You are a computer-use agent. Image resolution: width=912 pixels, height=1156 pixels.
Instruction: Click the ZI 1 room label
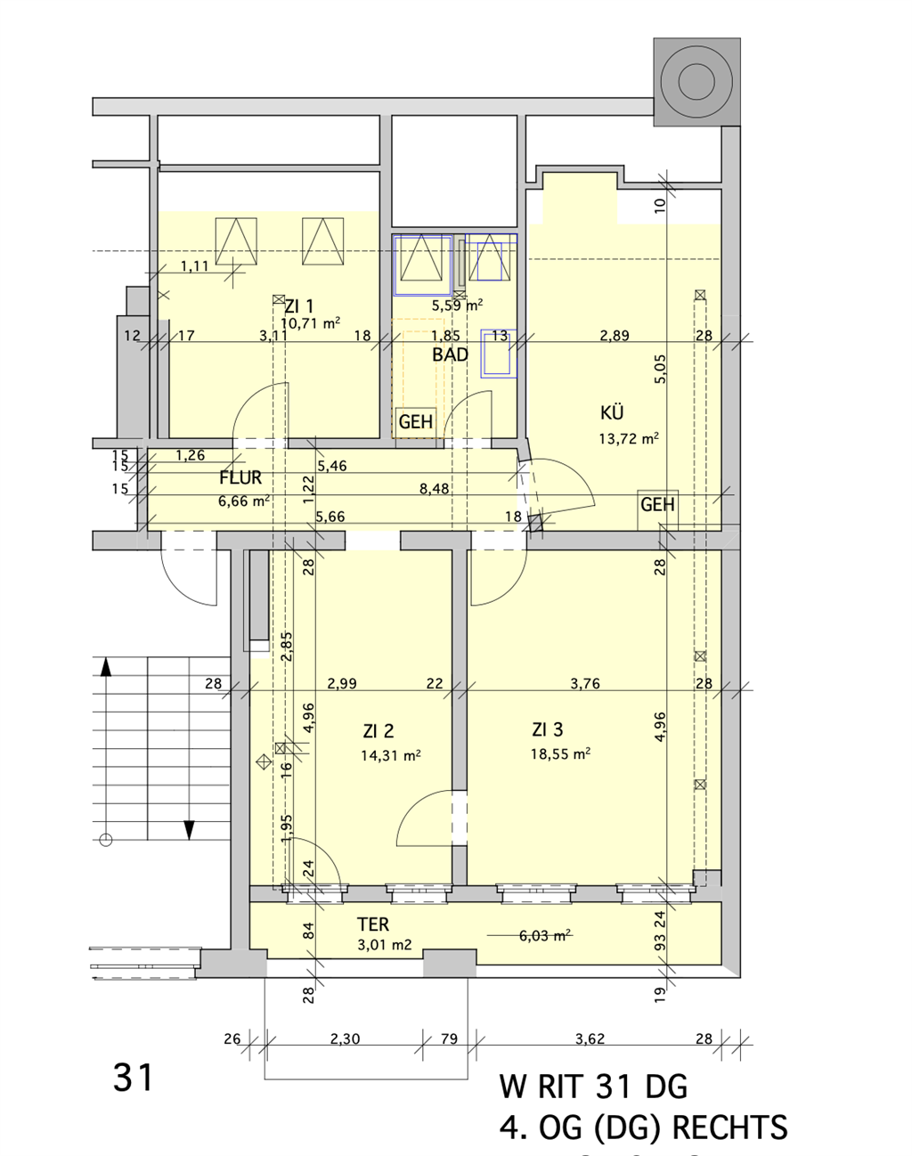(x=299, y=306)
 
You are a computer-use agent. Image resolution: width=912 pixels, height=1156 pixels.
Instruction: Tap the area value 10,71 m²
(x=310, y=323)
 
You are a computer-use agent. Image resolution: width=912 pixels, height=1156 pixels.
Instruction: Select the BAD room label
(x=450, y=354)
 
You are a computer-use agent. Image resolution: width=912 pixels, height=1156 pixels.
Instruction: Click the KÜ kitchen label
(x=612, y=412)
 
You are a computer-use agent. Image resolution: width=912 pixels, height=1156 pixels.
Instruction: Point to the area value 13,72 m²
(x=629, y=438)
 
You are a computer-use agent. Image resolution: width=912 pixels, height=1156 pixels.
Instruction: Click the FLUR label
(x=240, y=478)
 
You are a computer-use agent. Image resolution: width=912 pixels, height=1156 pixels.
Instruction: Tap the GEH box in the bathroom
(x=415, y=422)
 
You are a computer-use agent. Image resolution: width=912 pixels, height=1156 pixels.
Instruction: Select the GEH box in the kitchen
(x=657, y=505)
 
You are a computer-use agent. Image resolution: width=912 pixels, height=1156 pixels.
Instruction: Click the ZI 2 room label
(x=379, y=731)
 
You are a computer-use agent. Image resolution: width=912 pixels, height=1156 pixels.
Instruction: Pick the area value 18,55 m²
(x=560, y=753)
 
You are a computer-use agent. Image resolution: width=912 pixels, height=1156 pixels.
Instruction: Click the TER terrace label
(x=373, y=924)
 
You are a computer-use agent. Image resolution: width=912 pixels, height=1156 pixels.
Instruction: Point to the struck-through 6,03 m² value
(x=544, y=935)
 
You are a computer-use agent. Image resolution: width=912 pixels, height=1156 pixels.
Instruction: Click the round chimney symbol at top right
(x=696, y=82)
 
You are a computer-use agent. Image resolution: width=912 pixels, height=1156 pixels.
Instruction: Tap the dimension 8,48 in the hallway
(x=435, y=489)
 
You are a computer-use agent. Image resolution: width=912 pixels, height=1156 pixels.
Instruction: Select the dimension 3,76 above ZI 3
(x=585, y=683)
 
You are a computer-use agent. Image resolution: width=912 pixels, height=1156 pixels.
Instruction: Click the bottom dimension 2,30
(x=345, y=1038)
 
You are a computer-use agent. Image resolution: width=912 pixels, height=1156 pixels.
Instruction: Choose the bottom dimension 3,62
(x=590, y=1038)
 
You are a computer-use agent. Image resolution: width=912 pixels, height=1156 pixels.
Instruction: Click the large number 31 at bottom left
(x=134, y=1078)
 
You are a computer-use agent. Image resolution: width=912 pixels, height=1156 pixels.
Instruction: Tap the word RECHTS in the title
(x=729, y=1128)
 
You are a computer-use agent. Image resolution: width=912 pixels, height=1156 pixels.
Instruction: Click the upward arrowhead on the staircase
(x=106, y=665)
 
